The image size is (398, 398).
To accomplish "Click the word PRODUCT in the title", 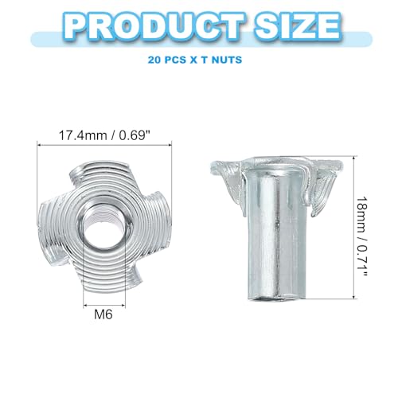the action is click(x=156, y=26).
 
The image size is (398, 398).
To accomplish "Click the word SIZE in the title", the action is click(x=298, y=26).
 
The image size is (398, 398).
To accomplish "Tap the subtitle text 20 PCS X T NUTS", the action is click(x=195, y=60).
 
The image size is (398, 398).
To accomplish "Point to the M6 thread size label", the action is click(x=103, y=314).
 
